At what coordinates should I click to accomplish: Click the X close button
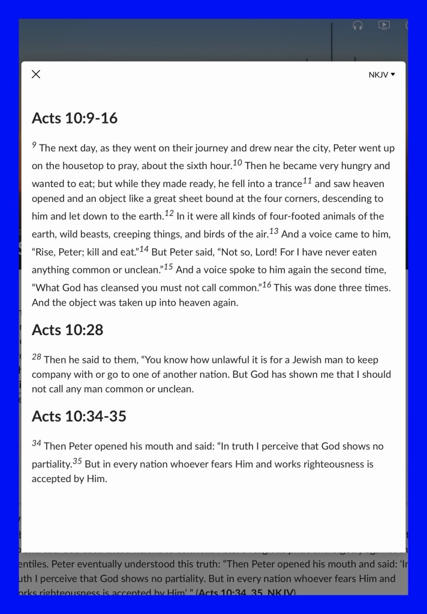click(36, 74)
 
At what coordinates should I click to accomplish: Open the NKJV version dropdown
click(382, 75)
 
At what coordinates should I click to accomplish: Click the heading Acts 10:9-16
click(74, 118)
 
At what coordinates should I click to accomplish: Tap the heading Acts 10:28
click(67, 330)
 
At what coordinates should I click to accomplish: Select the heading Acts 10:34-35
click(79, 416)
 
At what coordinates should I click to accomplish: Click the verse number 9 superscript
click(34, 145)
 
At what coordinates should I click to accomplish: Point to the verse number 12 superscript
click(169, 213)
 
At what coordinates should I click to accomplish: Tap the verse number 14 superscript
click(144, 249)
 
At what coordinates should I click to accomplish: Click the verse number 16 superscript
click(267, 284)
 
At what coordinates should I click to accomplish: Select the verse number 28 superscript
click(37, 357)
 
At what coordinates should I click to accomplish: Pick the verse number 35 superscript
click(77, 461)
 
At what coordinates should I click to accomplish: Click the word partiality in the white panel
click(52, 464)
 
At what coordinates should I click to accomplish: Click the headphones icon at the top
click(358, 25)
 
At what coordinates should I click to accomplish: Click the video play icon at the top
click(384, 25)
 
